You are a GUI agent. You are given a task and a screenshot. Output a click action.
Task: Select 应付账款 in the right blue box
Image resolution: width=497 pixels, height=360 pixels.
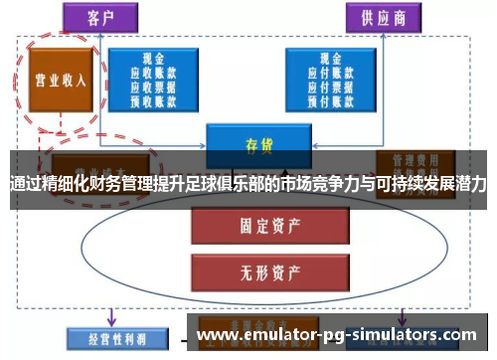[331, 72]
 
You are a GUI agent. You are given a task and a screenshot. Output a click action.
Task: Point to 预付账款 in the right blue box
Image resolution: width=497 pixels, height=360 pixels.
[331, 99]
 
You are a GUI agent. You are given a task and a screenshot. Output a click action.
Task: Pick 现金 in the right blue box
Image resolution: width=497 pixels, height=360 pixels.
[331, 58]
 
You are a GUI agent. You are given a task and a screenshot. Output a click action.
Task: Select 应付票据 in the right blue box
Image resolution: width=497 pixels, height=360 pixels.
[331, 86]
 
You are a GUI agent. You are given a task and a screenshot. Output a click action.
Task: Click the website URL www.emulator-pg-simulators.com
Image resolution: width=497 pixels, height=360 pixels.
[337, 335]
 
